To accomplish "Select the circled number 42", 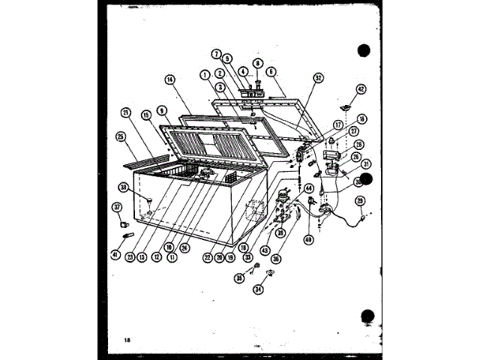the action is [x=361, y=88].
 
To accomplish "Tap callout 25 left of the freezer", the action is [x=120, y=136].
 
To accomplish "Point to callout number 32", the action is [x=318, y=76].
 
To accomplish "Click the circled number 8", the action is [x=257, y=64].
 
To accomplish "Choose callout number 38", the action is [x=123, y=187].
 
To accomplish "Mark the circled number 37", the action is [x=117, y=206].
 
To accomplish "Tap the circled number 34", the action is [x=259, y=289].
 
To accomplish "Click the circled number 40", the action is [x=307, y=240].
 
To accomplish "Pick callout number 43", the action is [x=265, y=250].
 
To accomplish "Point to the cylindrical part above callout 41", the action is [x=128, y=238].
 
